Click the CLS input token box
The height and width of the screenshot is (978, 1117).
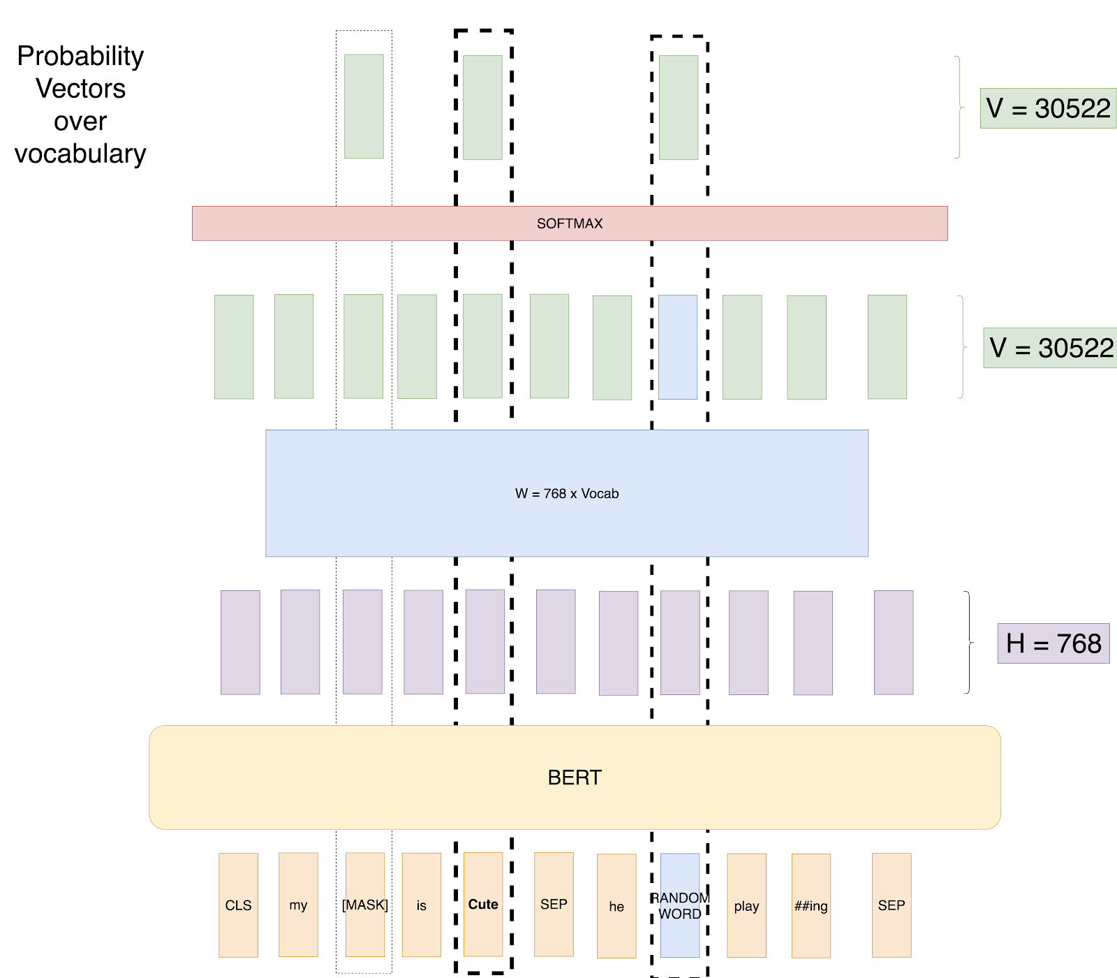coord(238,905)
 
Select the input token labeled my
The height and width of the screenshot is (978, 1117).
coord(298,905)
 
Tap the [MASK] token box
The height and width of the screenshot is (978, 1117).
coord(365,905)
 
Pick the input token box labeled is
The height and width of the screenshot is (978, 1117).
coord(421,905)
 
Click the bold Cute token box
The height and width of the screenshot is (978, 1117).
coord(483,904)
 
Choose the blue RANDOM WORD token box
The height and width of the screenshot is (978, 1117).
coord(680,905)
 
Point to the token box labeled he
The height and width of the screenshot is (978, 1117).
coord(616,906)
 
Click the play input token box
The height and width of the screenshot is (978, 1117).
coord(746,905)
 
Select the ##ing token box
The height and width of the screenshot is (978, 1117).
coord(811,905)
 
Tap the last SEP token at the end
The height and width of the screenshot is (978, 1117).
coord(892,905)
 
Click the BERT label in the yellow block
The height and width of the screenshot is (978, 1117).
coord(575,778)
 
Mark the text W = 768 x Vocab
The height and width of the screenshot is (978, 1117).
coord(567,493)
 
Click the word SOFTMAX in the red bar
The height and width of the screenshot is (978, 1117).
coord(570,224)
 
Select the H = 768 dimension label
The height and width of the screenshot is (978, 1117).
coord(1053,643)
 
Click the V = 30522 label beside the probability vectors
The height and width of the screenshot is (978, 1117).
coord(1048,108)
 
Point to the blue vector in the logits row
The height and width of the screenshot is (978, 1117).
coord(678,346)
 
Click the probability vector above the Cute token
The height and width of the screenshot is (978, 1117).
coord(482,108)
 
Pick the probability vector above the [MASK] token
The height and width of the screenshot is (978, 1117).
coord(364,106)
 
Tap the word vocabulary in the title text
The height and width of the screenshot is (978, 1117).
coord(80,154)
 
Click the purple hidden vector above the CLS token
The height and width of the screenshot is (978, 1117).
coord(240,642)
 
